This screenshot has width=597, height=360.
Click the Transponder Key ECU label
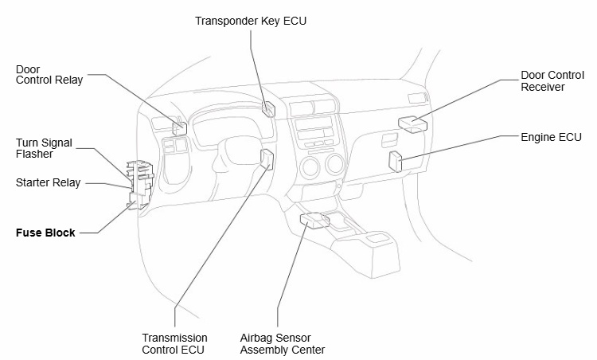tap(250, 21)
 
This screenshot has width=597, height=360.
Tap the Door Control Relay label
tap(49, 75)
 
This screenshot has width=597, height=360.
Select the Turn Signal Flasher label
tap(44, 148)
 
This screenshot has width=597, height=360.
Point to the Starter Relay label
tap(48, 183)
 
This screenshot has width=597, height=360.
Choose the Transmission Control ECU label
tap(174, 343)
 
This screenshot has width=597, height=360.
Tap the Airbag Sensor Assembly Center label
tap(283, 343)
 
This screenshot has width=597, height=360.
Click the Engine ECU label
tap(551, 137)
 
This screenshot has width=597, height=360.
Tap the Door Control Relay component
tap(180, 126)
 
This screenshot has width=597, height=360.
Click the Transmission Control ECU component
tap(266, 158)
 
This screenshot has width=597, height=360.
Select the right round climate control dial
tap(334, 166)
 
